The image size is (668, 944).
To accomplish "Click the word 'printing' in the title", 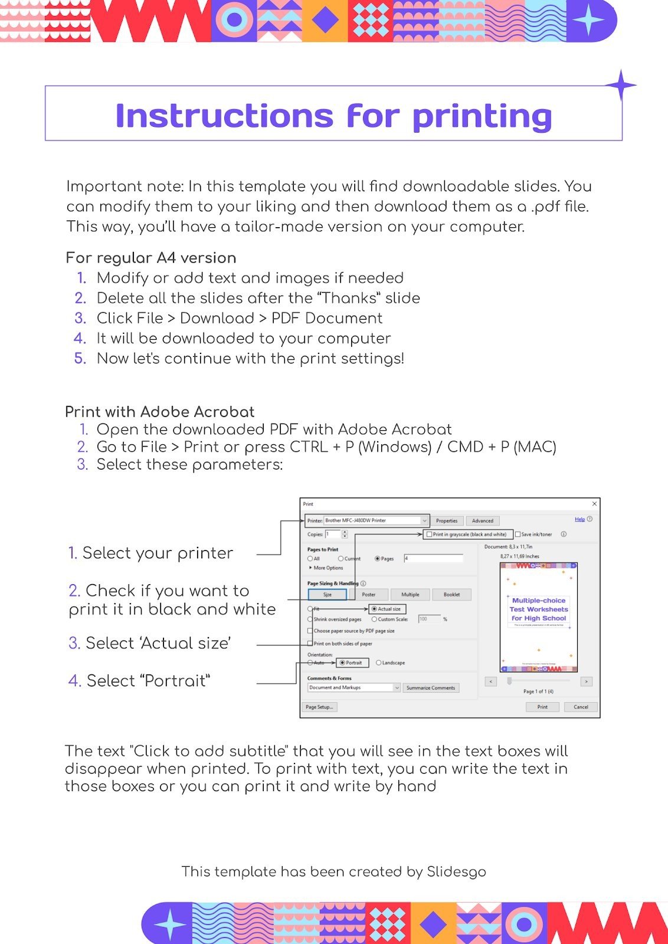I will tap(482, 116).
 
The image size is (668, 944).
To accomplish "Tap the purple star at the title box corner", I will tap(621, 86).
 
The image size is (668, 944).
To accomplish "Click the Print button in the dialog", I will tap(542, 707).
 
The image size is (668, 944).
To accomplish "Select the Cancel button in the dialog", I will tap(581, 707).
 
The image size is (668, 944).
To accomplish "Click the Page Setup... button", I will tap(320, 707).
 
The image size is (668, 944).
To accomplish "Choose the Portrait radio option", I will tap(343, 663).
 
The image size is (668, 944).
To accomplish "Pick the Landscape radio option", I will tap(379, 663).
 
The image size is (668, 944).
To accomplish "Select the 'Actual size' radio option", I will tap(375, 609).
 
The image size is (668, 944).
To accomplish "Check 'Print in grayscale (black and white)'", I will tap(430, 534).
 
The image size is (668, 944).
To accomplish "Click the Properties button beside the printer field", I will tap(446, 520).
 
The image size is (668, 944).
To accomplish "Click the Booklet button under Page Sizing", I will tap(451, 594).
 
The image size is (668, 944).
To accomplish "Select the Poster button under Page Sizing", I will tap(369, 594).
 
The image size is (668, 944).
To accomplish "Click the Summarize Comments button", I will tap(431, 688).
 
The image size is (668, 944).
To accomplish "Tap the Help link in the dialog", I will tap(579, 519).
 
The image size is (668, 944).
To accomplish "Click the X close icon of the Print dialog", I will tap(594, 503).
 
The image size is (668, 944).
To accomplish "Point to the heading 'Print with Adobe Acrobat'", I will tap(159, 412).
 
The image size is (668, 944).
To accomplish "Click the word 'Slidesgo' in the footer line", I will tap(456, 871).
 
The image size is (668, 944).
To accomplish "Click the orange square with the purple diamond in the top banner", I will tap(325, 21).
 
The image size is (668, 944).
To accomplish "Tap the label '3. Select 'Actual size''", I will tap(150, 643).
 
